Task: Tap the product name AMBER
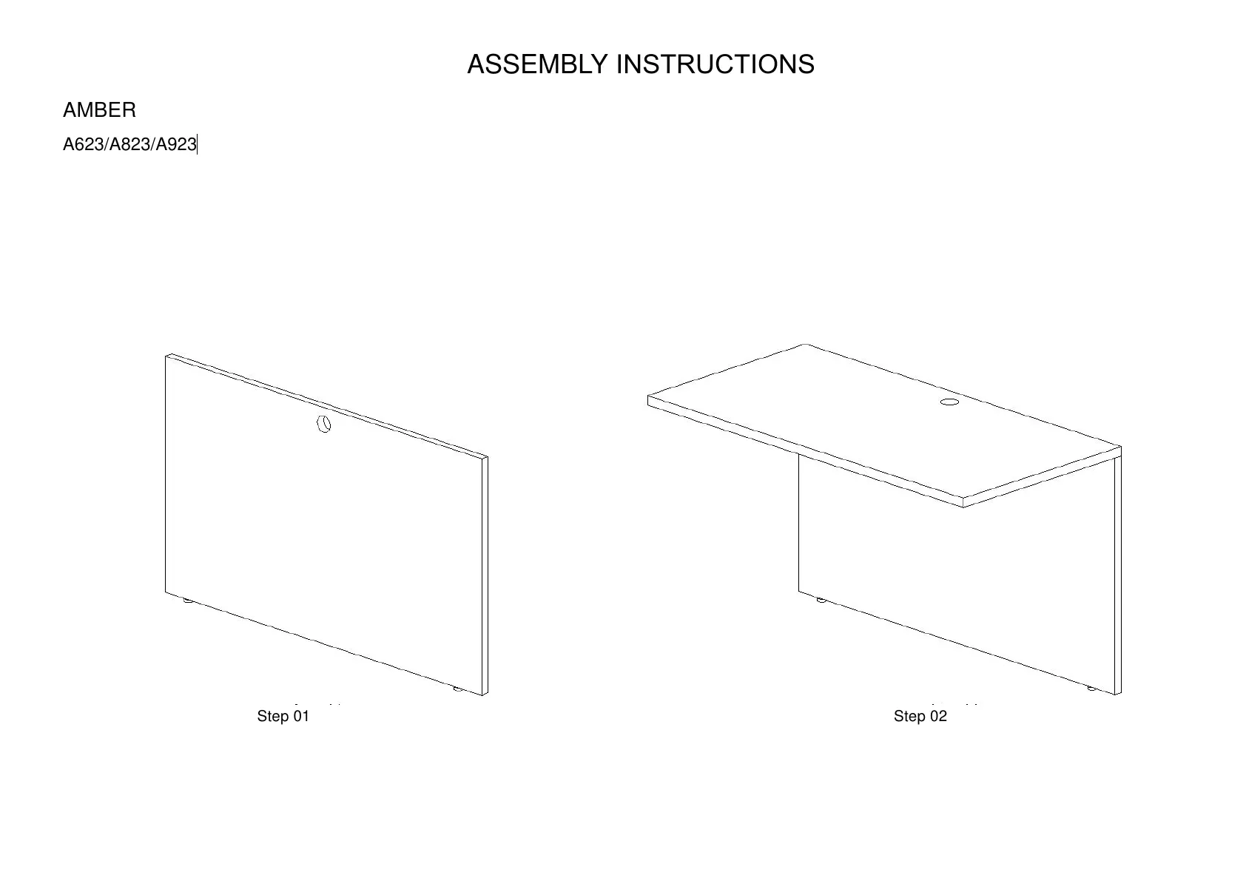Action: tap(99, 110)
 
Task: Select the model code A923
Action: tap(175, 145)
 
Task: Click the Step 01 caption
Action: tap(283, 716)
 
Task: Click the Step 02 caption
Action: tap(920, 716)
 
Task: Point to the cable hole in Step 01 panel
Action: tap(323, 424)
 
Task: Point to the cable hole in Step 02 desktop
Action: tap(949, 402)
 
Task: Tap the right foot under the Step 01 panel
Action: tap(458, 689)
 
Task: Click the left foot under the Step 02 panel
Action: tap(821, 600)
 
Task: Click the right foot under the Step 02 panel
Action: tap(1091, 689)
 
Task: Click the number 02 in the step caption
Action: tap(937, 716)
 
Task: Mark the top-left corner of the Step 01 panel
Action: tap(166, 356)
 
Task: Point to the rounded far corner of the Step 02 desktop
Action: tap(806, 345)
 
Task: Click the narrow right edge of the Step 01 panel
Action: tap(485, 577)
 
